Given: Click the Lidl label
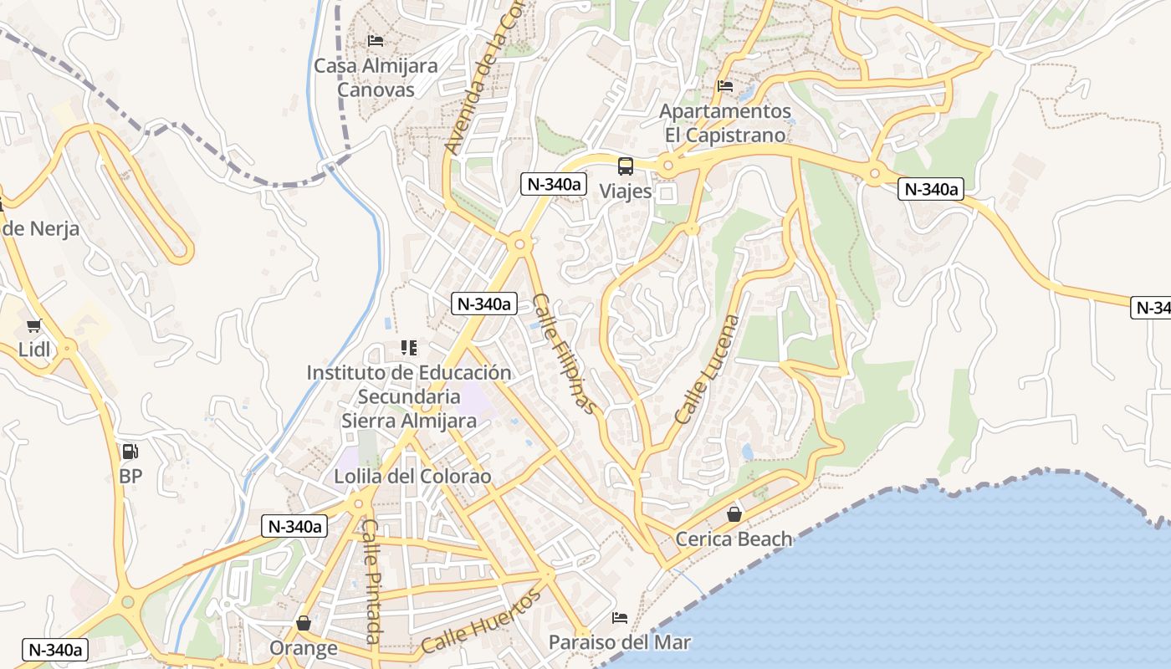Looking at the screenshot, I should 35,350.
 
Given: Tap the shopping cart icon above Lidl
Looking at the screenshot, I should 34,326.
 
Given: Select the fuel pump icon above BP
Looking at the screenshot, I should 130,452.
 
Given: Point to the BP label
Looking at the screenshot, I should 130,476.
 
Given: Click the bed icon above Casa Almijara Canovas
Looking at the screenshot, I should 376,40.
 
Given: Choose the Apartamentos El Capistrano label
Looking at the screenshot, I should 724,123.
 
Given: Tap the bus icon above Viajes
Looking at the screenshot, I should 626,166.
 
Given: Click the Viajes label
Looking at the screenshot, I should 626,191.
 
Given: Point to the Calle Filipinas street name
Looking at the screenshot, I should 566,354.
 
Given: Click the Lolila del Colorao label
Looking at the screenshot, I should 412,477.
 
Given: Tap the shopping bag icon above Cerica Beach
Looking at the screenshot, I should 734,513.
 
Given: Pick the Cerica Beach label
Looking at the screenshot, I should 734,539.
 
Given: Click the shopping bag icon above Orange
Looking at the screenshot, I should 303,623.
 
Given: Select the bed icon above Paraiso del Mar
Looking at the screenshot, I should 620,618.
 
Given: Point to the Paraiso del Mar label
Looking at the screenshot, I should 620,642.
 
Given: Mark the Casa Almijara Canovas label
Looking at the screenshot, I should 376,77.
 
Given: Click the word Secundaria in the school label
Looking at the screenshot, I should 409,396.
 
